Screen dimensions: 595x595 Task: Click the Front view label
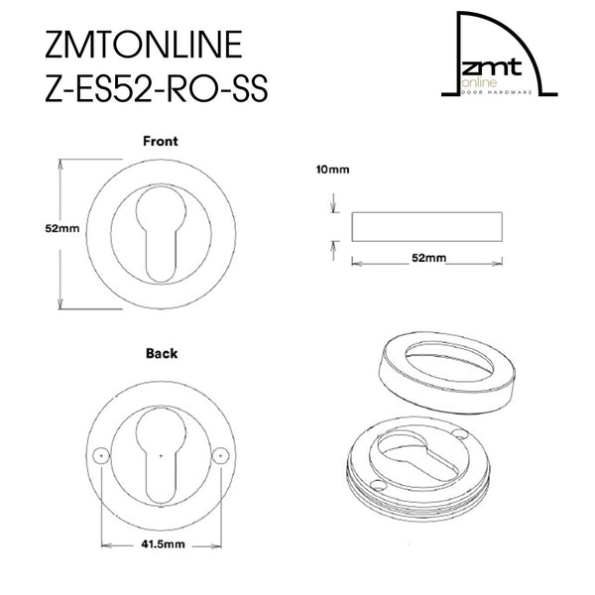pyautogui.click(x=160, y=141)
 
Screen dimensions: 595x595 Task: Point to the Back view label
pyautogui.click(x=161, y=352)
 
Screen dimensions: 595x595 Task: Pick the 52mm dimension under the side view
pyautogui.click(x=427, y=258)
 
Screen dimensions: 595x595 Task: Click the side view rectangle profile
pyautogui.click(x=427, y=225)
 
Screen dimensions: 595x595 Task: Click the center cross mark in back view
pyautogui.click(x=159, y=455)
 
